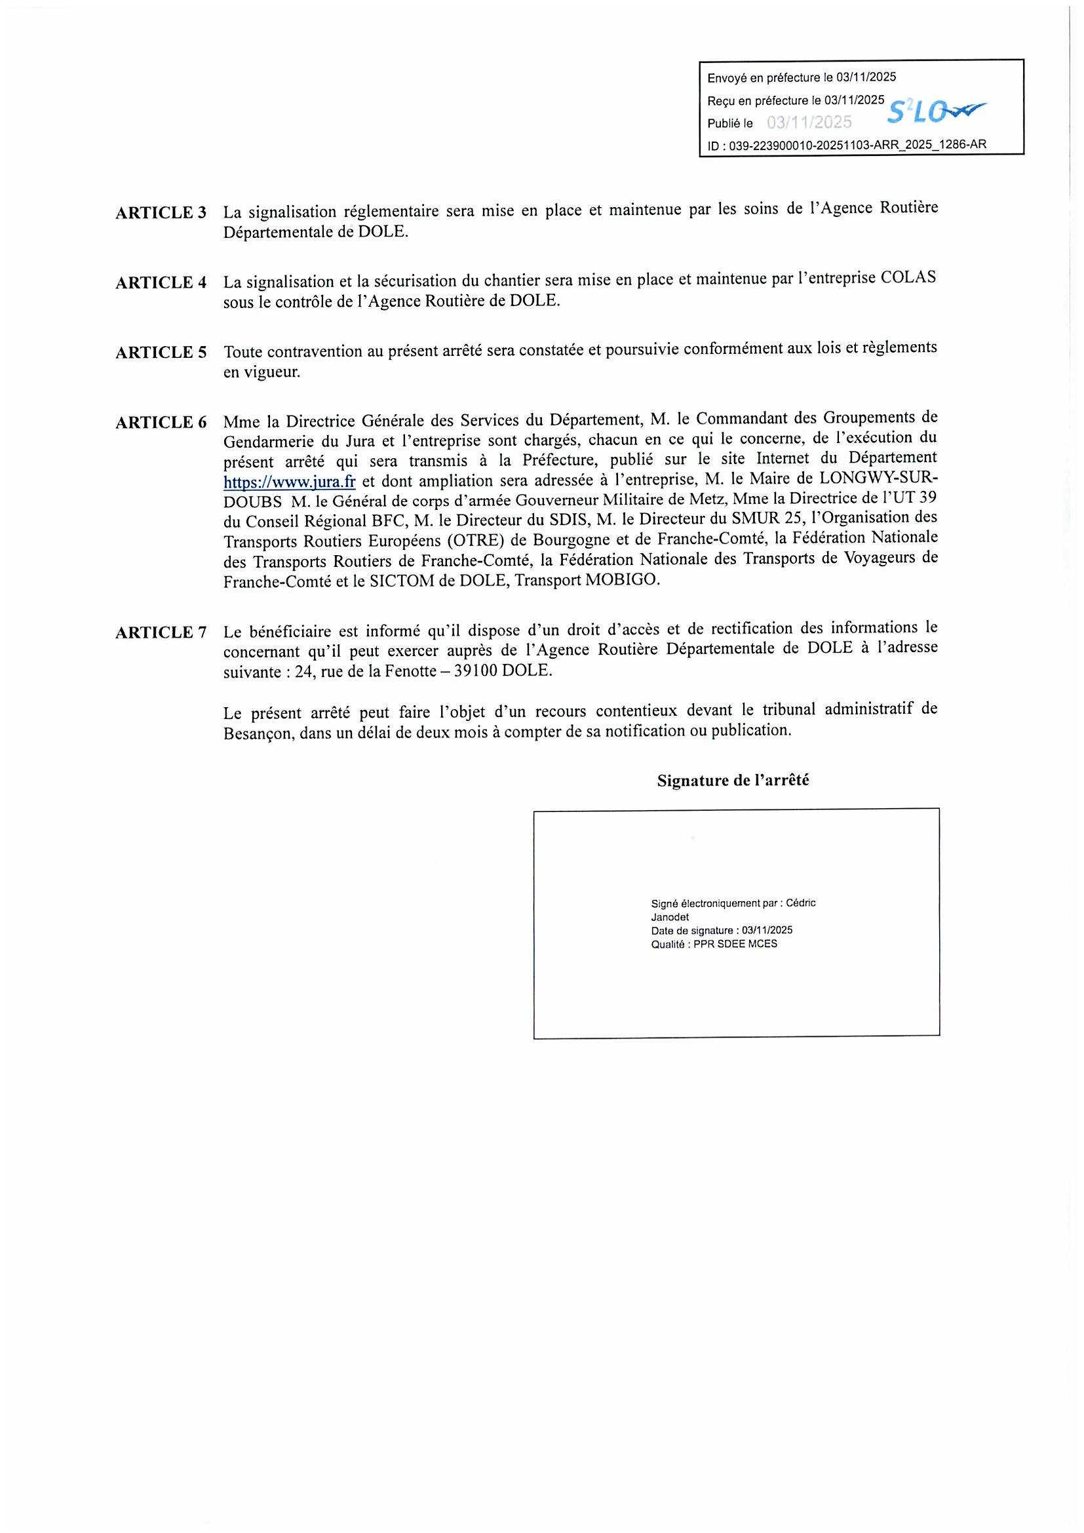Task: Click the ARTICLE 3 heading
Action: point(161,213)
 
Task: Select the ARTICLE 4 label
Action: point(161,282)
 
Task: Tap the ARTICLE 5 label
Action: point(161,353)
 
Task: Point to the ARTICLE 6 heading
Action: point(161,423)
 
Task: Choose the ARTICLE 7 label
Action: point(161,632)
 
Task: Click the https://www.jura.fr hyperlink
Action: point(289,482)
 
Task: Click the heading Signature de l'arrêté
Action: point(733,781)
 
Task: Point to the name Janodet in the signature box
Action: point(670,918)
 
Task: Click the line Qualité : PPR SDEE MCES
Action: point(714,944)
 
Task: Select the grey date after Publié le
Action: point(809,122)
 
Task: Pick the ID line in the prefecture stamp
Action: point(846,145)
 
